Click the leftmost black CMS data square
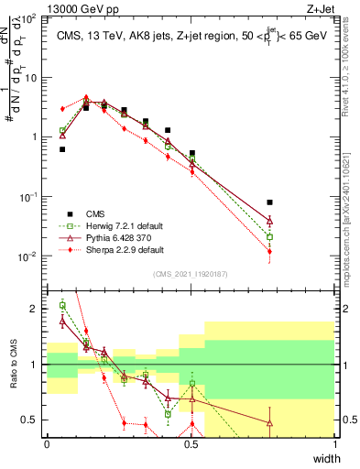point(62,149)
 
